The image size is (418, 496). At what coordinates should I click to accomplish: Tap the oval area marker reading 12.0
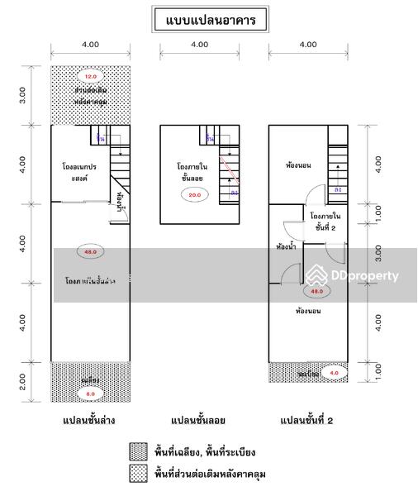[91, 76]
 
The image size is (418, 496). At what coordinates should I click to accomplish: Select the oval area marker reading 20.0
[195, 194]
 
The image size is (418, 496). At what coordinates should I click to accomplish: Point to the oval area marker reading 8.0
[91, 394]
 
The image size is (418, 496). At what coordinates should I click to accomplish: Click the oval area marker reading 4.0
[334, 373]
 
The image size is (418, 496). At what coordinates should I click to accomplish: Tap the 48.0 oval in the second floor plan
[316, 291]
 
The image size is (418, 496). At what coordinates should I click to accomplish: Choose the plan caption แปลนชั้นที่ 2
[308, 421]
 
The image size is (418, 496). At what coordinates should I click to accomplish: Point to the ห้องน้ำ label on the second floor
[287, 246]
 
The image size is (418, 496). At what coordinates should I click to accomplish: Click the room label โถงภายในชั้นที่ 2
[325, 221]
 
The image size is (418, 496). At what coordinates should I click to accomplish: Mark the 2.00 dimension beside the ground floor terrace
[23, 381]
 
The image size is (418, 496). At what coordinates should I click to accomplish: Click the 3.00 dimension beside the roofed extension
[23, 94]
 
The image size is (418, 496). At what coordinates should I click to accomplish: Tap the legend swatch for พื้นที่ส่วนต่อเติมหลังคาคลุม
[138, 475]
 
